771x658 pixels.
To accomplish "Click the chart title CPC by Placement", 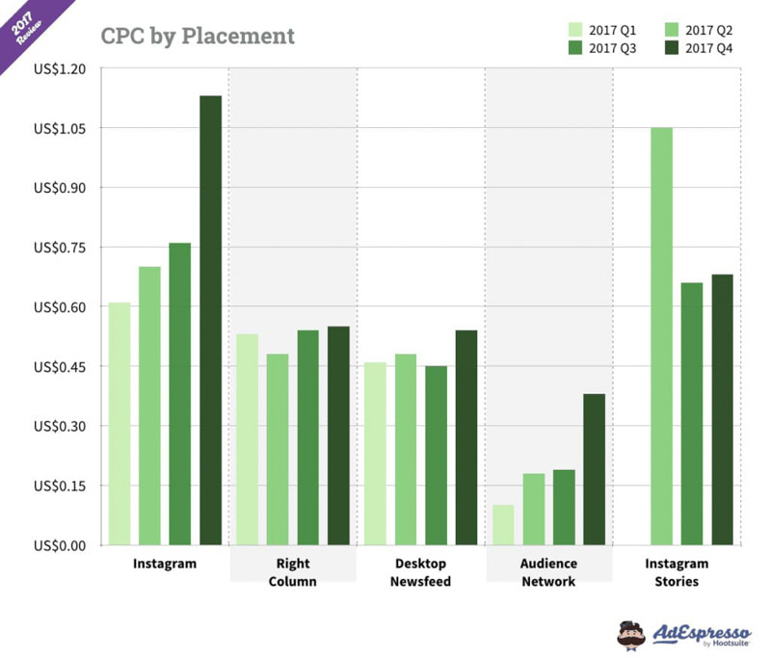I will (198, 38).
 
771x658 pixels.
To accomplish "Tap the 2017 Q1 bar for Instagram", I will (120, 423).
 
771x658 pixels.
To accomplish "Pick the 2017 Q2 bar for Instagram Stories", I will (661, 336).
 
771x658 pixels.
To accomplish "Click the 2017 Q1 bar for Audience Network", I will (503, 524).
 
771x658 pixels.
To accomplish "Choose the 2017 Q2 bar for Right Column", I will (278, 449).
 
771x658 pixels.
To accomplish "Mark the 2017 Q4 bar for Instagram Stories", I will (723, 409).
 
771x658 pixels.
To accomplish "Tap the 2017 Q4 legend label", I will (708, 48).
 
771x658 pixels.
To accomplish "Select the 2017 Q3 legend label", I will (611, 48).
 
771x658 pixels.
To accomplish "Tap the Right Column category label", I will (292, 572).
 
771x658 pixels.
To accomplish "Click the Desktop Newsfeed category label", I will (420, 572).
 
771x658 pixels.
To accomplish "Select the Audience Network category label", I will (548, 572).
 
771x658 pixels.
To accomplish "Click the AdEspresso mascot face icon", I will (632, 633).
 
